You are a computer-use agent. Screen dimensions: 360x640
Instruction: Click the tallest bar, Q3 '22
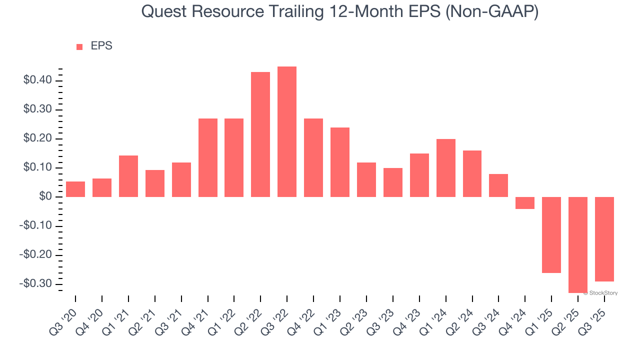pos(287,131)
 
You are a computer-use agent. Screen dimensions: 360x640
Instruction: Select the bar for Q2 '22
pos(260,134)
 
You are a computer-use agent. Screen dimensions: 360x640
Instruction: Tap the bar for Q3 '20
pos(75,189)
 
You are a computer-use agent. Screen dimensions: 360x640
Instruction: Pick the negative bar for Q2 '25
pos(578,244)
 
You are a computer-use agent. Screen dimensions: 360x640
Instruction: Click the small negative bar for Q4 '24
pos(525,202)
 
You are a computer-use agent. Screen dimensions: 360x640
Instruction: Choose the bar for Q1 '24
pos(445,168)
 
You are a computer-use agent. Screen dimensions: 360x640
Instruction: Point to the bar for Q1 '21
pos(128,176)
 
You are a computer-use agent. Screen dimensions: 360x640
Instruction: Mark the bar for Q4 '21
pos(207,157)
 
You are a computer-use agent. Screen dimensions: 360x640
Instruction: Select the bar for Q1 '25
pos(551,234)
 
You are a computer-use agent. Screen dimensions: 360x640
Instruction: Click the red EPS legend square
pos(79,47)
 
